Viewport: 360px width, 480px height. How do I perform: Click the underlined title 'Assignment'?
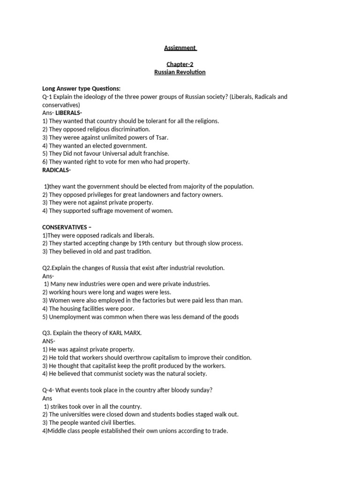point(180,48)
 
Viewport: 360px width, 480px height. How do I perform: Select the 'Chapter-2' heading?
point(180,64)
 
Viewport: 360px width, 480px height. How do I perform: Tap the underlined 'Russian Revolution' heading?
point(180,72)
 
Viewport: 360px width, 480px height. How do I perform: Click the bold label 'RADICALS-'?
point(57,170)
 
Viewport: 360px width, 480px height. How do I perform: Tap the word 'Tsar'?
point(162,137)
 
